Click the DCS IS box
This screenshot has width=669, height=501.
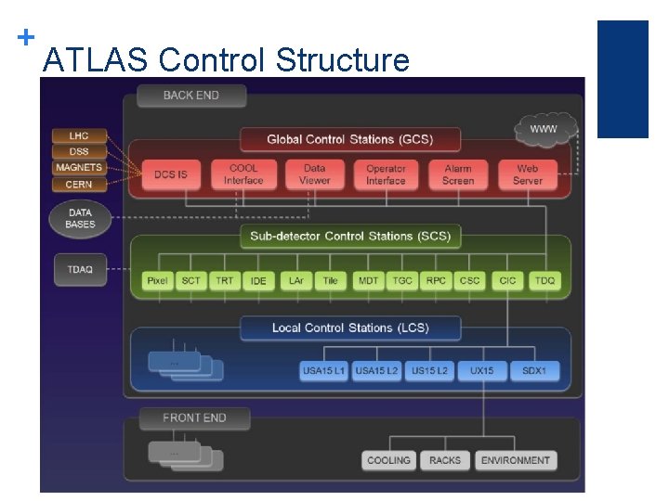point(171,174)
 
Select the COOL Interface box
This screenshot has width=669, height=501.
point(243,174)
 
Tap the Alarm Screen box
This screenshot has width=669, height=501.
point(457,174)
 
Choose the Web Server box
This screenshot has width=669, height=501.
point(528,174)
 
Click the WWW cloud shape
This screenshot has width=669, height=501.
point(544,129)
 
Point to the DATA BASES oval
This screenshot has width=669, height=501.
point(80,219)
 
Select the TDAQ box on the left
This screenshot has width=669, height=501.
point(80,269)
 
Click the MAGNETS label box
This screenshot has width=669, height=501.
point(79,168)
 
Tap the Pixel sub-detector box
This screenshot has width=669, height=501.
point(157,280)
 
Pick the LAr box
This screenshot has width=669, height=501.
point(295,280)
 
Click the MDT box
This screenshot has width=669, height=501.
point(368,280)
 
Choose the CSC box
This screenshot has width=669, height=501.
point(470,280)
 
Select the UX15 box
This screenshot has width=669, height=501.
point(482,371)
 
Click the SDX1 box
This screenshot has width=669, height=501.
point(535,371)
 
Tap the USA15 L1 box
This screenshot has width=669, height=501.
point(323,371)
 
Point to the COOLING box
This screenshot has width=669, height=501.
point(388,460)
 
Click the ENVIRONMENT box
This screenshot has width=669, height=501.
point(516,460)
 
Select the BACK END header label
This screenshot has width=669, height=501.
point(191,96)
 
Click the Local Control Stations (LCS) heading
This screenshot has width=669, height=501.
point(350,328)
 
